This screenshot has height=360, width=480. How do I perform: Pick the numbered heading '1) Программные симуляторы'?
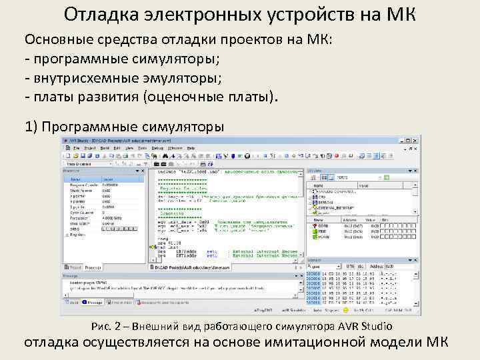(x=124, y=126)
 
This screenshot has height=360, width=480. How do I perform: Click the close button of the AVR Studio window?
(x=417, y=140)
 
